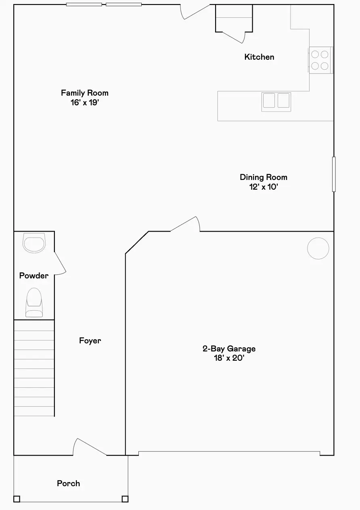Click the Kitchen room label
(x=259, y=57)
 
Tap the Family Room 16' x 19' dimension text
(x=85, y=102)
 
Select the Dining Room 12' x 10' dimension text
(x=264, y=187)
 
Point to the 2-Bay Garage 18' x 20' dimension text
(x=229, y=358)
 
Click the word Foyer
(x=90, y=341)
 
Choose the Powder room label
(x=34, y=276)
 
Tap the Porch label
(x=68, y=483)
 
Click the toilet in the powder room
(x=34, y=302)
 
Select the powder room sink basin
(x=34, y=243)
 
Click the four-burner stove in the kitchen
(x=320, y=60)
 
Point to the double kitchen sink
(x=276, y=102)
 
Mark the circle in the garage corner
(x=318, y=248)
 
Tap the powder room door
(x=60, y=263)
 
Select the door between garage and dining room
(x=185, y=224)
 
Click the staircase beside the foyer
(x=34, y=368)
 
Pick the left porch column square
(x=17, y=499)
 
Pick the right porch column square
(x=125, y=499)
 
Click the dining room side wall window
(x=334, y=174)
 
